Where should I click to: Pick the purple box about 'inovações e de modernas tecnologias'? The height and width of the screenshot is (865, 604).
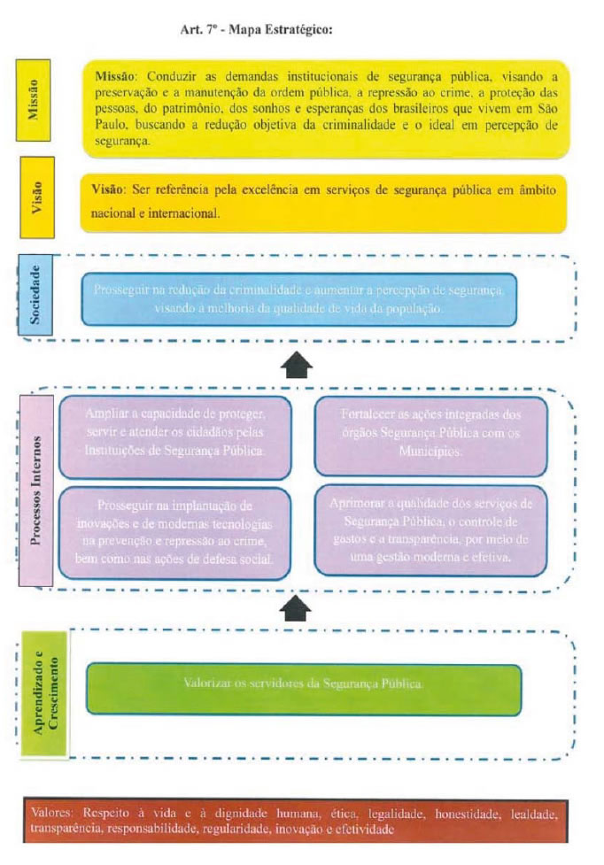(174, 531)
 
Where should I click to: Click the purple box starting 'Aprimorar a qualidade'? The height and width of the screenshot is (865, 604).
(430, 530)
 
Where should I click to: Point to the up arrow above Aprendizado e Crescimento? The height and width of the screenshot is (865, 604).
(298, 607)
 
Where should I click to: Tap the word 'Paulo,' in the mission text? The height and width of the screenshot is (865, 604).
(112, 125)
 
